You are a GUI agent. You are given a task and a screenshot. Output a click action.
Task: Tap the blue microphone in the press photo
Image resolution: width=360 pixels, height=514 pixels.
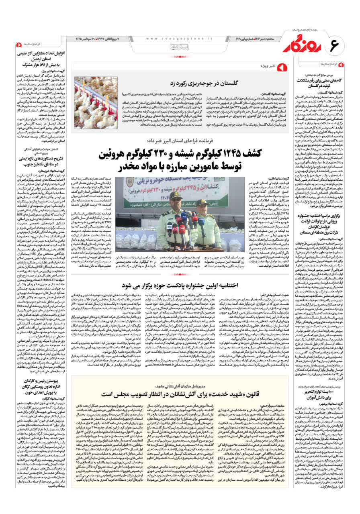pyautogui.click(x=184, y=217)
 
